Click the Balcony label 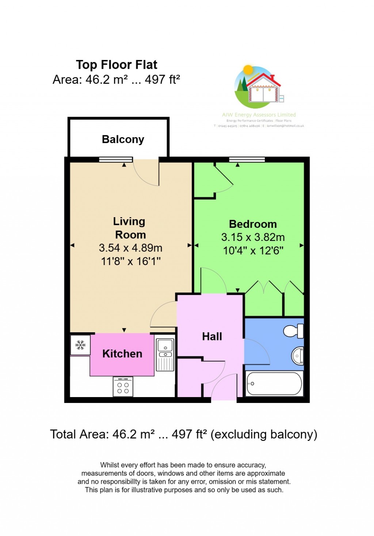click(123, 139)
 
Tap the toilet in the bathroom click(294, 331)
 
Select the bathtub click(274, 384)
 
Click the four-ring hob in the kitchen click(123, 387)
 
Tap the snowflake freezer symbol click(80, 345)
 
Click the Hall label click(212, 336)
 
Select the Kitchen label click(122, 354)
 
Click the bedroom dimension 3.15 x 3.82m click(253, 237)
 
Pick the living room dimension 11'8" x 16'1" click(131, 261)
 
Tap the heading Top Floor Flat click(117, 65)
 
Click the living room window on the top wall click(116, 159)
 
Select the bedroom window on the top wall click(247, 159)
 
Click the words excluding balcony click(264, 434)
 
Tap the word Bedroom click(253, 224)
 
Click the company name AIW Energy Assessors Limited click(259, 115)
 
